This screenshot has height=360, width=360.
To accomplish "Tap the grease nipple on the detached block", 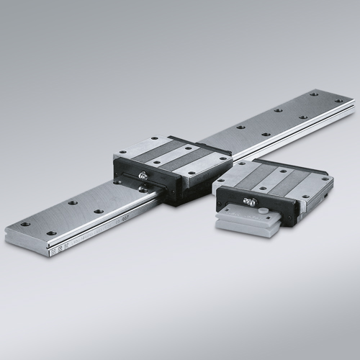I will [249, 202].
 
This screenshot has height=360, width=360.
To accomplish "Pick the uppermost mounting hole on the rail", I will [314, 93].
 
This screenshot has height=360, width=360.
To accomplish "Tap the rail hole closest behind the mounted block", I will [240, 127].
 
